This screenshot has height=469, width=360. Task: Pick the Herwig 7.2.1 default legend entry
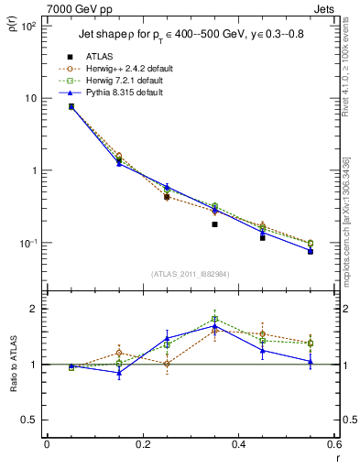pos(125,81)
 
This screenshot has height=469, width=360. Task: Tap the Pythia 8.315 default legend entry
pos(125,93)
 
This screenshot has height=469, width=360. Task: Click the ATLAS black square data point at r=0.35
pos(214,224)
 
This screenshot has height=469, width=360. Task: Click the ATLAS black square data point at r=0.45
pos(263,237)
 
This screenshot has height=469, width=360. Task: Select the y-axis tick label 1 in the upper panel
pos(33,171)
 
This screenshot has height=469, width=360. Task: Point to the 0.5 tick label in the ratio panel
pos(29,420)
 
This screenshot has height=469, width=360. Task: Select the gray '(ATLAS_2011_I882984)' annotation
pos(191,274)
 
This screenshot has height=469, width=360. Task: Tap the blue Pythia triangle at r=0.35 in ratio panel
pos(214,325)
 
